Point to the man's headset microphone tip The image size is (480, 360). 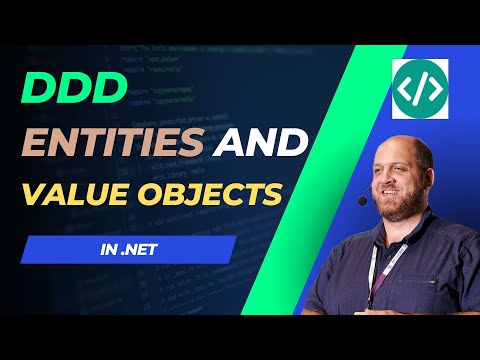362,201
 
